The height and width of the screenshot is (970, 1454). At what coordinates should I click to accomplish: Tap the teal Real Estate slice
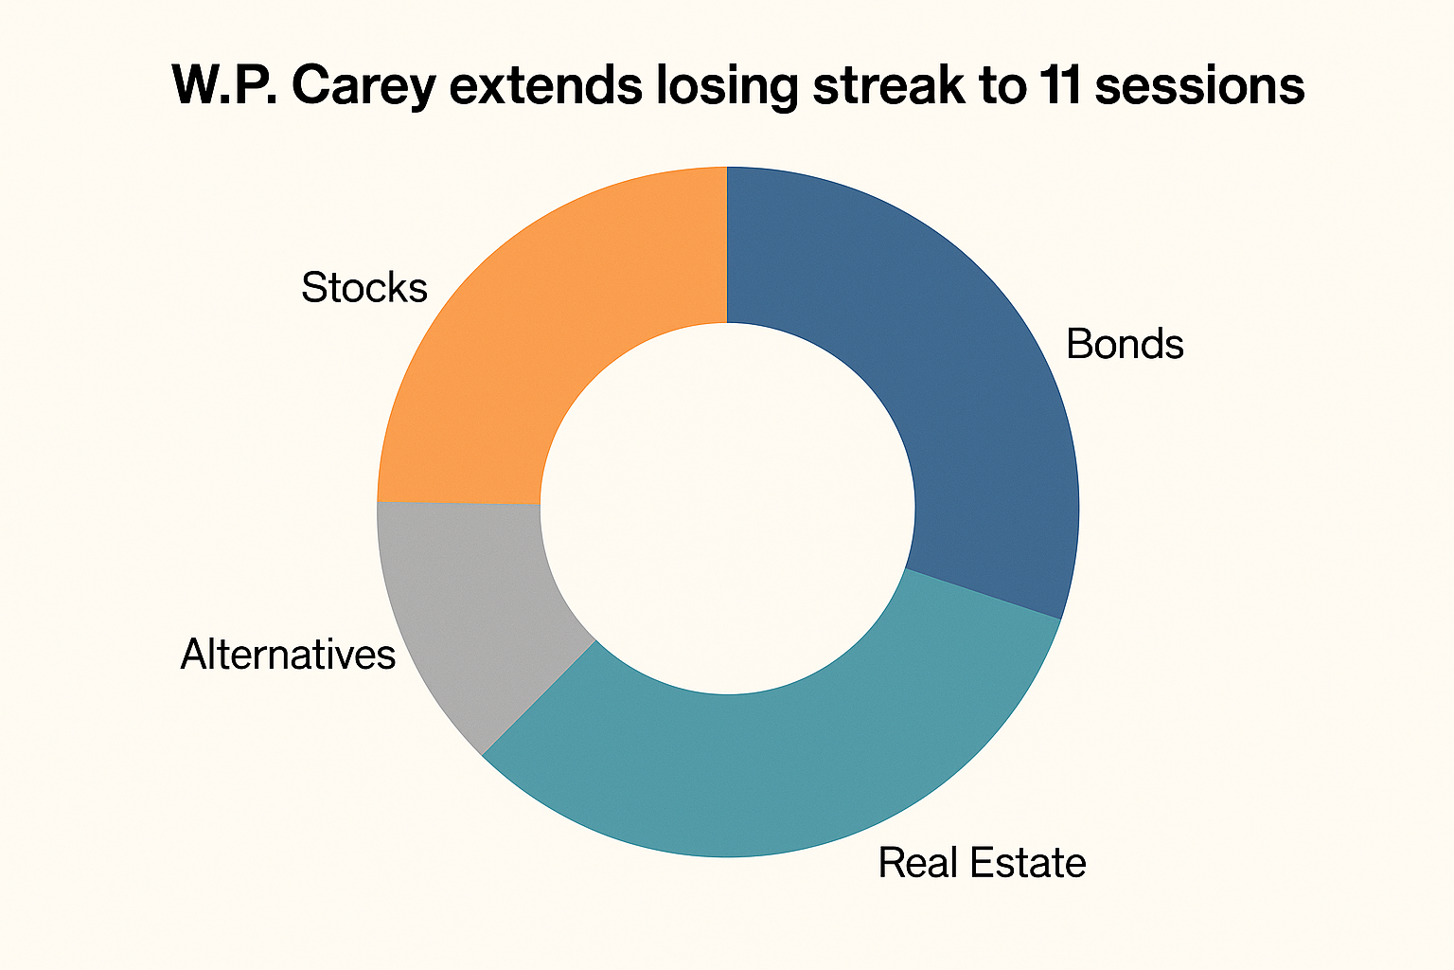779,766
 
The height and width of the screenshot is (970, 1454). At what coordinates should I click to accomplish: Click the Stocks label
364,288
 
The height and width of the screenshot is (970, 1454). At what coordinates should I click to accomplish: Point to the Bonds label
1125,344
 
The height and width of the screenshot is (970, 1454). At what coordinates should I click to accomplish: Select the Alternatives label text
288,654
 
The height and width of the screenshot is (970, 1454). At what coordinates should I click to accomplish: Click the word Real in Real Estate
918,863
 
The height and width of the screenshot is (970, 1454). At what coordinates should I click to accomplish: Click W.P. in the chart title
224,85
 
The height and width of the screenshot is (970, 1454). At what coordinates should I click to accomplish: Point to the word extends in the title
546,85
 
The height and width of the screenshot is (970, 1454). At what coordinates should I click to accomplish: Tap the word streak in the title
889,85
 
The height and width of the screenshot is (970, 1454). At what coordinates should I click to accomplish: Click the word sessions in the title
1199,85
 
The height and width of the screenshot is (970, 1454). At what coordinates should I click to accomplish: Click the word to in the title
1001,85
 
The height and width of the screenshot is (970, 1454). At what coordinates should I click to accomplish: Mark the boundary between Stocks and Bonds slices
727,244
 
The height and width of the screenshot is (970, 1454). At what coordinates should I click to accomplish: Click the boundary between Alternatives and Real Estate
538,698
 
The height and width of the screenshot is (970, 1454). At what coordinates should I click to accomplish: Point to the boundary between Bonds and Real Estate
984,594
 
